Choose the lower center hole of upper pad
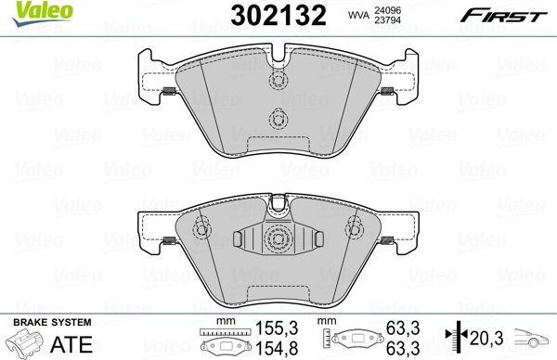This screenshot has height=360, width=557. pos(277,119)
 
